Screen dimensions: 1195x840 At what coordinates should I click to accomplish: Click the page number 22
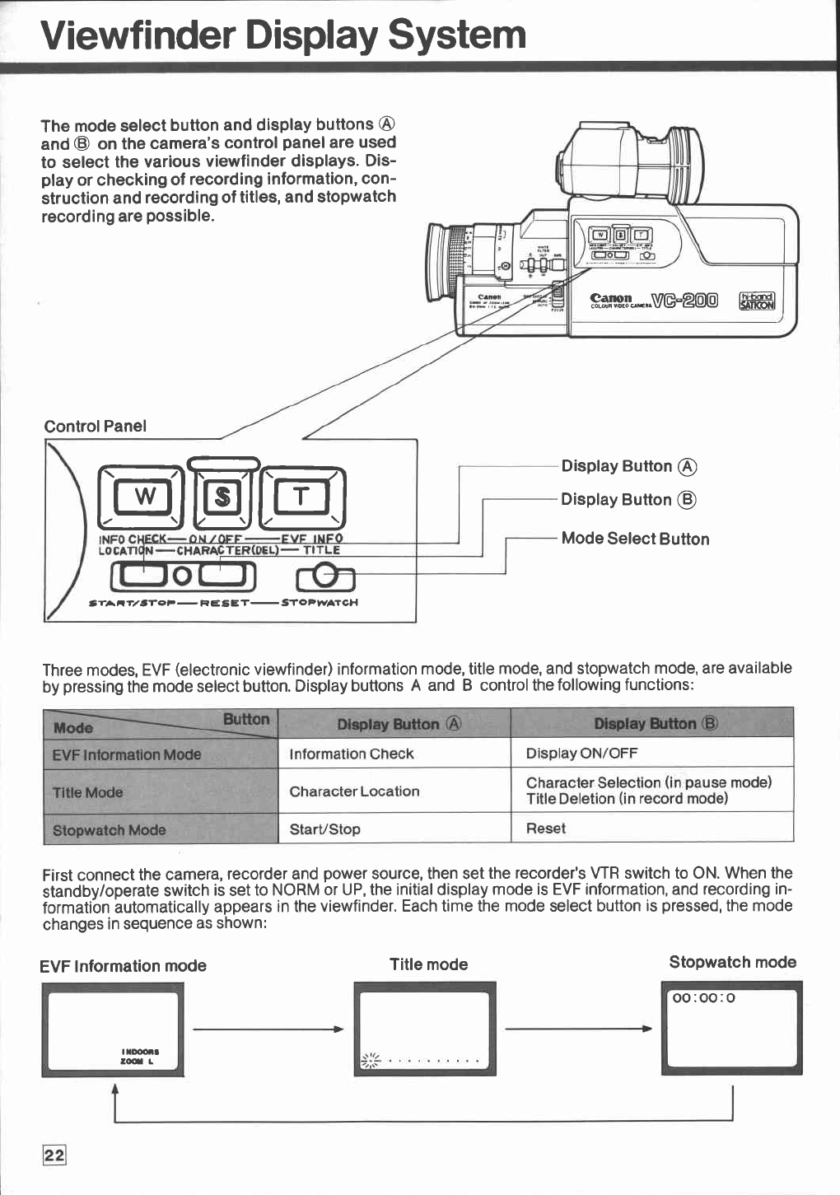(x=54, y=1155)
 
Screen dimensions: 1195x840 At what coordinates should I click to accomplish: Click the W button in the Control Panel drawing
(x=144, y=496)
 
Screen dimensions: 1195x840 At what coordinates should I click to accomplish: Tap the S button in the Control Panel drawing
(x=222, y=497)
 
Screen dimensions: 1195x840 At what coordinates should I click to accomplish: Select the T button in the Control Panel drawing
(x=301, y=496)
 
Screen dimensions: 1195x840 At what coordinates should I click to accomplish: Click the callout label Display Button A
(x=628, y=466)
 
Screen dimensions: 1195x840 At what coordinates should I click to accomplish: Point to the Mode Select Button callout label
(x=635, y=539)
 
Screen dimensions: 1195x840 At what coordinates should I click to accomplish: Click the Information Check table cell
(x=352, y=754)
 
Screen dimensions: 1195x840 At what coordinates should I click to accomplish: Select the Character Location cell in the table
(x=354, y=791)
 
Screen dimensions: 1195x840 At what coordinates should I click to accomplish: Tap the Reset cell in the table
(x=546, y=829)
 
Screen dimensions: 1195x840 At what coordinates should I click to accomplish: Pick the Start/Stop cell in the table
(x=324, y=829)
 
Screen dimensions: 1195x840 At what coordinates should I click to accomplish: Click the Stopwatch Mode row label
(x=109, y=830)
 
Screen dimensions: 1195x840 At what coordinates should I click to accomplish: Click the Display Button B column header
(x=656, y=724)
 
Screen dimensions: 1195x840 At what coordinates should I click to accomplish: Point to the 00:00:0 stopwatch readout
(x=703, y=998)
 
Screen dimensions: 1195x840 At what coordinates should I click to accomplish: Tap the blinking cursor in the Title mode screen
(x=371, y=1060)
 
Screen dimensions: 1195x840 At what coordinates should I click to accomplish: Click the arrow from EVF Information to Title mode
(x=268, y=1029)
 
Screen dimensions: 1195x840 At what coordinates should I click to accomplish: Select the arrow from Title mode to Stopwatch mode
(x=578, y=1029)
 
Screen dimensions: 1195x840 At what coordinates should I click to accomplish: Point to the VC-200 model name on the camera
(x=684, y=301)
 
